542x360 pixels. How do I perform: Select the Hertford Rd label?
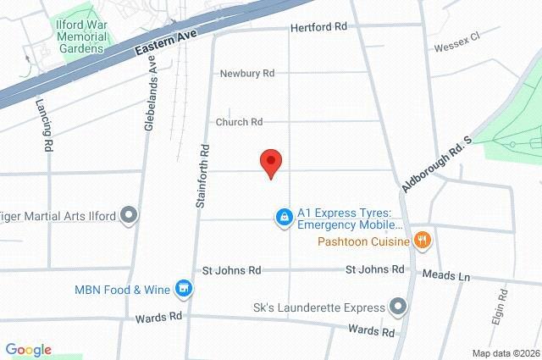pyautogui.click(x=318, y=27)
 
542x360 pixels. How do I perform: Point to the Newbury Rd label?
pyautogui.click(x=247, y=74)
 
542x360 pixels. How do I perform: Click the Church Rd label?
pyautogui.click(x=239, y=122)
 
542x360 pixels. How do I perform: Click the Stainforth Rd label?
pyautogui.click(x=203, y=175)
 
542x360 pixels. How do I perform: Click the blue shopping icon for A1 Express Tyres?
pyautogui.click(x=285, y=219)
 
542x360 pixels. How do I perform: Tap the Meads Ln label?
pyautogui.click(x=452, y=277)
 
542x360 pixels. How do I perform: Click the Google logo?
pyautogui.click(x=28, y=350)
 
